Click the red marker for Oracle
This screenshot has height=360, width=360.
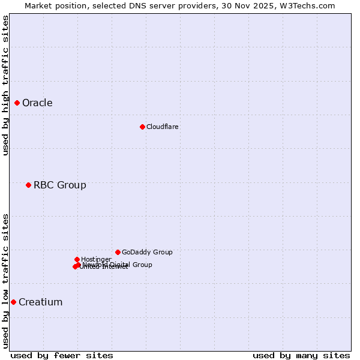pyautogui.click(x=17, y=103)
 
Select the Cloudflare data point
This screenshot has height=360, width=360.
pyautogui.click(x=142, y=127)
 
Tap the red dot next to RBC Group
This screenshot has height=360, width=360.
pyautogui.click(x=28, y=185)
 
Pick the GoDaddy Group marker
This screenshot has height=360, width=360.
pyautogui.click(x=118, y=252)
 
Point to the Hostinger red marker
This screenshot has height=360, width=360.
pyautogui.click(x=77, y=259)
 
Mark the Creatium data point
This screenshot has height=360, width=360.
pyautogui.click(x=13, y=302)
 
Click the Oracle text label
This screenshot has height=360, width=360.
pyautogui.click(x=37, y=103)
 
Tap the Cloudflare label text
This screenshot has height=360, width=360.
pyautogui.click(x=162, y=127)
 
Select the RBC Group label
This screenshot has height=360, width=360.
pyautogui.click(x=59, y=185)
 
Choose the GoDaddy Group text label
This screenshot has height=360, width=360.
pyautogui.click(x=147, y=252)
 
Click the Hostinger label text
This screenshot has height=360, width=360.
pyautogui.click(x=96, y=259)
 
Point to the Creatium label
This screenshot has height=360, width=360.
pyautogui.click(x=40, y=302)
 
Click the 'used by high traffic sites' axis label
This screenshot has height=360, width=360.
pyautogui.click(x=6, y=85)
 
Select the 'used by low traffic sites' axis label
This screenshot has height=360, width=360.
pyautogui.click(x=6, y=280)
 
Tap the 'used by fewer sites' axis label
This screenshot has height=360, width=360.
pyautogui.click(x=62, y=355)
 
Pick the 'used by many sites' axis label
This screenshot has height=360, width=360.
pyautogui.click(x=301, y=355)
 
